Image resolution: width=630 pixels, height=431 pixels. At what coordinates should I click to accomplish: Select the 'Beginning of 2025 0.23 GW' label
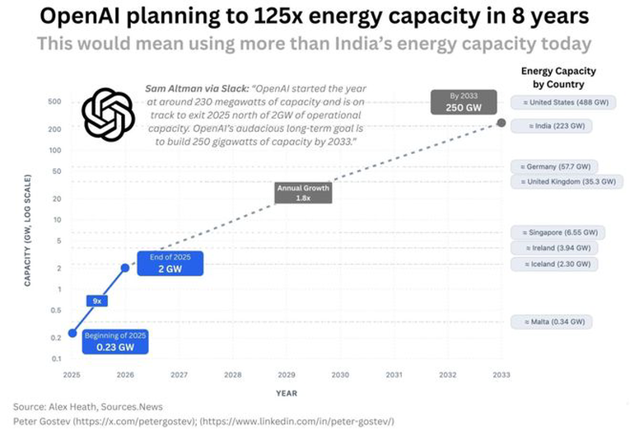coord(115,340)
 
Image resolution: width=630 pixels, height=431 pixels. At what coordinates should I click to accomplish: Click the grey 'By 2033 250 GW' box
coord(464,103)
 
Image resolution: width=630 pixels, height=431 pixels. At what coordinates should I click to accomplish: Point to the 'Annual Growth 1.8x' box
coord(303,193)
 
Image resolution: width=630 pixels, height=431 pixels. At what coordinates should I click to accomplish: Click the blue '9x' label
coord(96,301)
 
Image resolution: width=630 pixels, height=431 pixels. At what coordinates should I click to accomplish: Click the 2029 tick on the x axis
coord(287,375)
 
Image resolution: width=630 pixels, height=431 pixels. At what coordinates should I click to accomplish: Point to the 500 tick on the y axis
coord(56,102)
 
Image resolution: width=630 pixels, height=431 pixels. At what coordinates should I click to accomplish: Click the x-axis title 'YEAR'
coord(287,393)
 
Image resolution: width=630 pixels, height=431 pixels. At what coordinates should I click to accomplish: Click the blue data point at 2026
coord(125,267)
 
